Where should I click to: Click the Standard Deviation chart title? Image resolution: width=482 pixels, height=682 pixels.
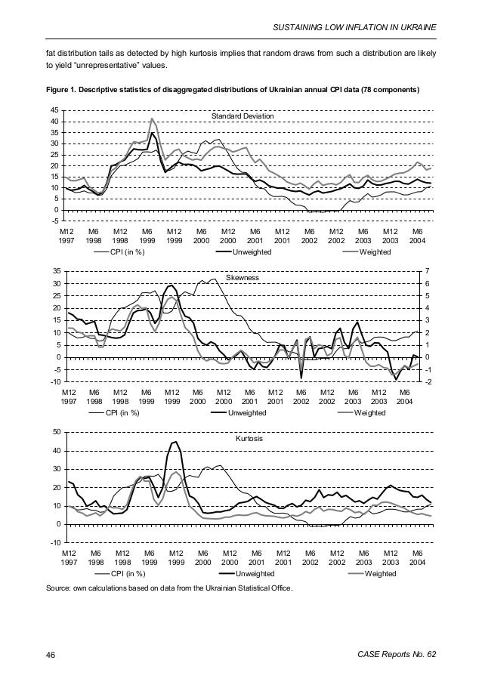(x=243, y=117)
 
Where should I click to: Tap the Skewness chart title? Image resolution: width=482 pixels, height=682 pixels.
(x=243, y=278)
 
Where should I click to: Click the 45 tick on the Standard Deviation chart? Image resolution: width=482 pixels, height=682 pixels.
(x=53, y=110)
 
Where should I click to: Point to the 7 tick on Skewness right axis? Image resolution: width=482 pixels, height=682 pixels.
(x=427, y=270)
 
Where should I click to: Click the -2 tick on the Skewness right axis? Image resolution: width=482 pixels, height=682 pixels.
(x=428, y=381)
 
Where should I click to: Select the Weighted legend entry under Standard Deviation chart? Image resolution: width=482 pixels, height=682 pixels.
(x=375, y=251)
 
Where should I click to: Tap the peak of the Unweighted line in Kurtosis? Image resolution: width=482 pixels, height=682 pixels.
(x=175, y=442)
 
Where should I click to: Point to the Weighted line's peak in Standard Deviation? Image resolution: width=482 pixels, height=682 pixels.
(x=153, y=119)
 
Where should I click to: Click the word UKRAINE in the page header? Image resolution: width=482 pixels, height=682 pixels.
(x=419, y=29)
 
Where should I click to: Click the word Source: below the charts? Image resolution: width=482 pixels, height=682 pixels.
(x=58, y=588)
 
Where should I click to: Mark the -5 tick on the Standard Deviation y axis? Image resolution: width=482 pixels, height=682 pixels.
(x=54, y=221)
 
